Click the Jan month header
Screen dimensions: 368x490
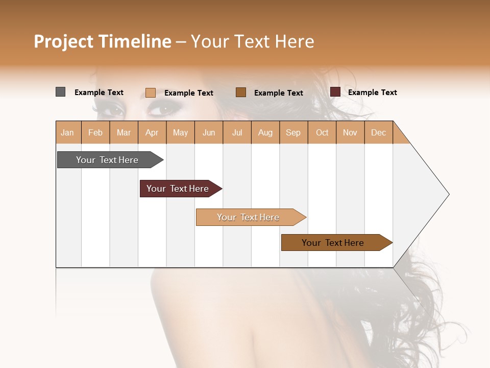click(67, 133)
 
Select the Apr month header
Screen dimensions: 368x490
click(152, 133)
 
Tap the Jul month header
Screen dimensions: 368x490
click(237, 133)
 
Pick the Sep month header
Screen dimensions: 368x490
click(293, 133)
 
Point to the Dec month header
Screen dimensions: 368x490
click(379, 133)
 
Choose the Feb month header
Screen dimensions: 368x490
click(95, 133)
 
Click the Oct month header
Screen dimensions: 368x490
click(322, 133)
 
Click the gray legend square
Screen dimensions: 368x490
click(61, 92)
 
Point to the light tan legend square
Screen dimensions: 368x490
click(151, 93)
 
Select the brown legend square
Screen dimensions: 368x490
click(241, 93)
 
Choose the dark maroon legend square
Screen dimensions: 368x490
click(335, 92)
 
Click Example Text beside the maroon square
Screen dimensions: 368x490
click(373, 93)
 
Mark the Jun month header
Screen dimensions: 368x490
click(209, 133)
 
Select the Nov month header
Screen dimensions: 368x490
click(350, 133)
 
